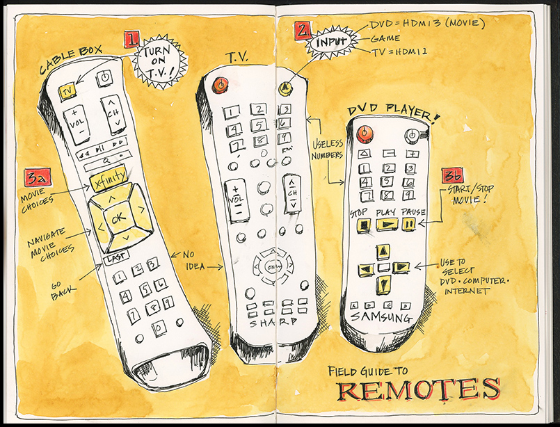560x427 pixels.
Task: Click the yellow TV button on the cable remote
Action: (x=67, y=92)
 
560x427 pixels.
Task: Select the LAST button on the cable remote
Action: (x=114, y=259)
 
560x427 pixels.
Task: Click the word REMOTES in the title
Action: (x=419, y=389)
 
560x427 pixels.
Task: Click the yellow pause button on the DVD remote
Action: (x=410, y=225)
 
